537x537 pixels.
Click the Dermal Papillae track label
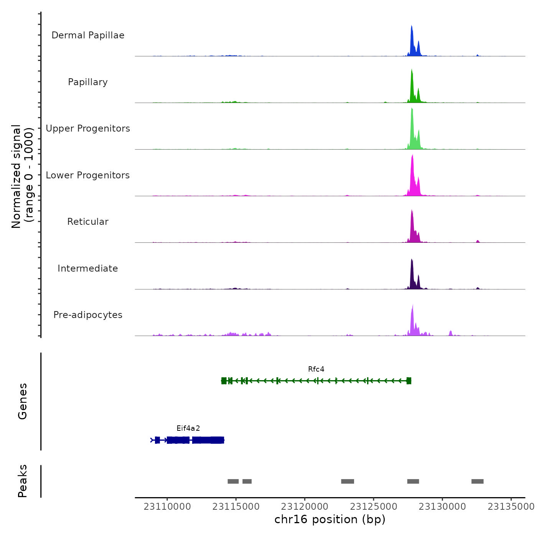tap(88, 35)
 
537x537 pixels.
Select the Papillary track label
tap(88, 82)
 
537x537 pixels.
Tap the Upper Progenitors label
tap(88, 128)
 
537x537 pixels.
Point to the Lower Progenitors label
tap(88, 175)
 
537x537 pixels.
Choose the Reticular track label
tap(88, 222)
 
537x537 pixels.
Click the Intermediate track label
tap(88, 268)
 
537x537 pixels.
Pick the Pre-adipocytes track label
tap(88, 315)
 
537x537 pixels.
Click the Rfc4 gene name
tap(316, 369)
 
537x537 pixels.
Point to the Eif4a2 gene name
tap(188, 428)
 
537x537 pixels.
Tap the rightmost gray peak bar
tap(477, 481)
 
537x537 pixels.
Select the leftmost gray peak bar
tap(233, 481)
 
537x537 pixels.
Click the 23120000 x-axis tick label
tap(305, 507)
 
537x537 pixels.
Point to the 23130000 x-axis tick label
tap(442, 507)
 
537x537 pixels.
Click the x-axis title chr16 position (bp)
tap(330, 519)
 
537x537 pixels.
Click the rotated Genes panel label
tap(22, 401)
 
